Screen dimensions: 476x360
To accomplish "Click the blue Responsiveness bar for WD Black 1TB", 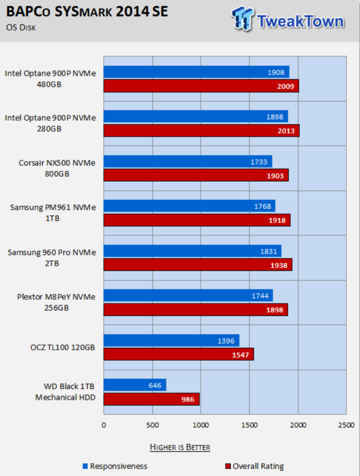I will pyautogui.click(x=134, y=385).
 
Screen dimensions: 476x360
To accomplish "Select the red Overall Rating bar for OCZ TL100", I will pyautogui.click(x=179, y=354).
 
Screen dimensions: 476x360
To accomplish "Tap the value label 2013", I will pyautogui.click(x=286, y=131).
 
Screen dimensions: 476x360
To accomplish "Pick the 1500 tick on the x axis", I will pyautogui.click(x=249, y=425).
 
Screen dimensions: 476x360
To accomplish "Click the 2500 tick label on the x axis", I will pyautogui.click(x=346, y=425).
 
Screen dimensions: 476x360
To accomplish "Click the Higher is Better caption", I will pyautogui.click(x=180, y=447).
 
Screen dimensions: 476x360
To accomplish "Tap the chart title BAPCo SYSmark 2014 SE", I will pyautogui.click(x=87, y=12).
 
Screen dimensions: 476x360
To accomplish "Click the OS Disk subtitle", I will pyautogui.click(x=21, y=27).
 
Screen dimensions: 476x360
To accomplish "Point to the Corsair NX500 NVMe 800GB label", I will pyautogui.click(x=57, y=168).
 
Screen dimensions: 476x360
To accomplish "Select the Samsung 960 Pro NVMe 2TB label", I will pyautogui.click(x=52, y=258).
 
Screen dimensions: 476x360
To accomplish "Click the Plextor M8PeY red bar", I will pyautogui.click(x=195, y=310).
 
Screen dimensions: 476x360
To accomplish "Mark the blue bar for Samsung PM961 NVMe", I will pyautogui.click(x=189, y=206).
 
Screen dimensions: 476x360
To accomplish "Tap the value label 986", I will pyautogui.click(x=187, y=399).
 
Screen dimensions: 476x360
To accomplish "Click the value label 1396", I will pyautogui.click(x=226, y=341).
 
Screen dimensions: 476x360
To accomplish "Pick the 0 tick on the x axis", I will pyautogui.click(x=104, y=425).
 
